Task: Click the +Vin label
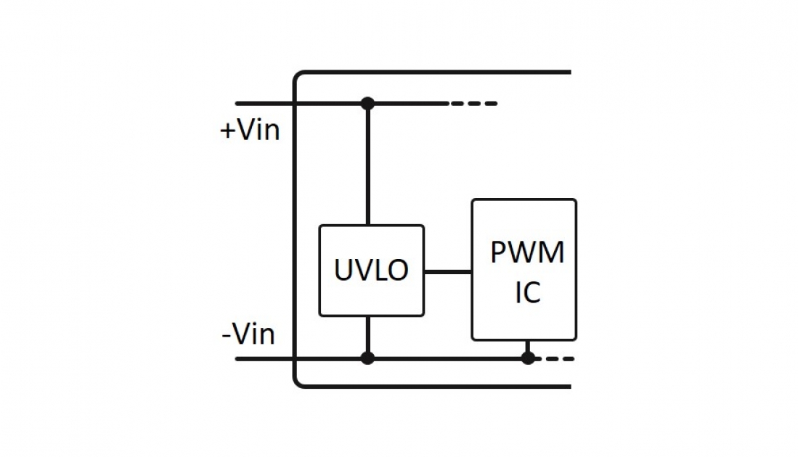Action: point(250,131)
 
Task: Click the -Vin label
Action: point(248,335)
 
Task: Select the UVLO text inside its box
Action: point(371,271)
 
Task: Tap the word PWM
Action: point(527,252)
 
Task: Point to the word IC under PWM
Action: point(527,293)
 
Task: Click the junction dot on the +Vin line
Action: point(367,104)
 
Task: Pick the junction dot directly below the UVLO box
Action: point(367,358)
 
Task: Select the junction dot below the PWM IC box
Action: point(528,358)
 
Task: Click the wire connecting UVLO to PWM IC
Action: point(447,271)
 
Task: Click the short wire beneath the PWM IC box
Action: point(528,347)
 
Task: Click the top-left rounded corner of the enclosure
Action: point(298,75)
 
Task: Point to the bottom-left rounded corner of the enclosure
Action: point(298,383)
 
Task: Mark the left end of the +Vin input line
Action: point(238,104)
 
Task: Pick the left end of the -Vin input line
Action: point(238,358)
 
